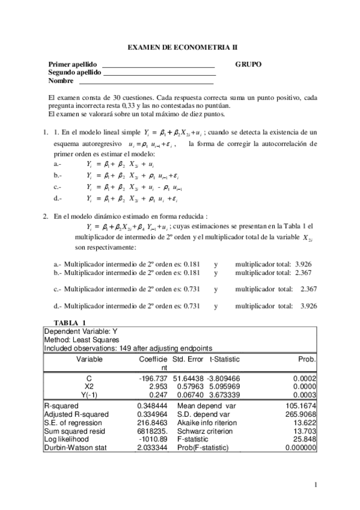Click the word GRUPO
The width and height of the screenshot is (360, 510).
click(248, 64)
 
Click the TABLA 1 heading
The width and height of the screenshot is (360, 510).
click(70, 323)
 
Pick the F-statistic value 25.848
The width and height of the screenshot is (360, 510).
click(305, 440)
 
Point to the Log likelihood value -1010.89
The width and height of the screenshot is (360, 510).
click(153, 440)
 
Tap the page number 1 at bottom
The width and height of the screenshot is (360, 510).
click(316, 485)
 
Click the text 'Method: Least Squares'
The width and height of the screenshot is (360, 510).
click(79, 340)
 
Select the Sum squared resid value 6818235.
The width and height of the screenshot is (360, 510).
click(153, 431)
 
